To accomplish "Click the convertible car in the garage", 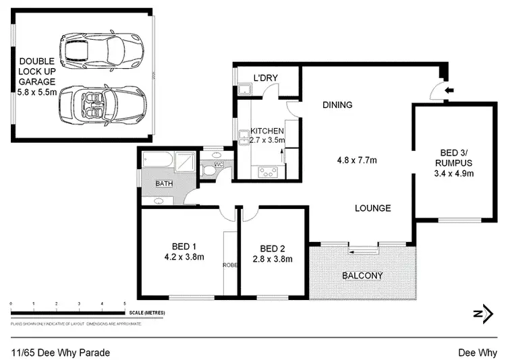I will click(x=101, y=104).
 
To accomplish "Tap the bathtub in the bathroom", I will click(x=157, y=161).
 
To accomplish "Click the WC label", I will click(x=218, y=164).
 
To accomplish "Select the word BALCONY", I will click(x=362, y=275).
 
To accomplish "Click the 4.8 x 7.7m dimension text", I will click(x=357, y=160).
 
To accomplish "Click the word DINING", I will click(x=337, y=104).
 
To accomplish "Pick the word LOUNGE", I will click(x=373, y=208).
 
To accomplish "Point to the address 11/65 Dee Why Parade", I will click(x=61, y=352).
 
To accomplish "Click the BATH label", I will click(x=164, y=183).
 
